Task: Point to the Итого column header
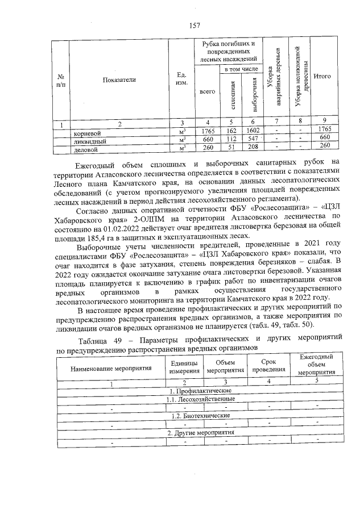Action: pyautogui.click(x=322, y=76)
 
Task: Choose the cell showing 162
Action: pyautogui.click(x=230, y=131)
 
